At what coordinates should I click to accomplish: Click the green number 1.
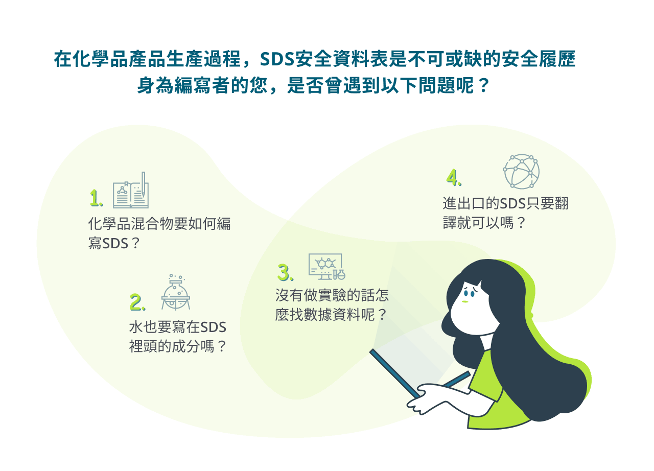coord(96,198)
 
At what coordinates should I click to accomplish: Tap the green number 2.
coord(137,302)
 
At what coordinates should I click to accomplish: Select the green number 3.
coord(285,273)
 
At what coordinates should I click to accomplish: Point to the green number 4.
coord(454,177)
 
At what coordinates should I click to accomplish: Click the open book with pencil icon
coord(131,190)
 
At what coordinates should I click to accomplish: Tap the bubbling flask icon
coord(175,292)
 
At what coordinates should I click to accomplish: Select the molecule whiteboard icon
coord(326,267)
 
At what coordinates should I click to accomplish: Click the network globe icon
coord(521,171)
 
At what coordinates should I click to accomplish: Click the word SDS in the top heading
coord(276,59)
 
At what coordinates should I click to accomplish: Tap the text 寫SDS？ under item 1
coord(114,243)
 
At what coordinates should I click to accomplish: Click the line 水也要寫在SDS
coord(177,327)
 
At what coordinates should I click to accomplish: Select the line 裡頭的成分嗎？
coord(177,347)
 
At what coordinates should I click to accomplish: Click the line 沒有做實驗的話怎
coord(332,295)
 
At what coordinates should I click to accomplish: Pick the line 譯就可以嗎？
coord(484,223)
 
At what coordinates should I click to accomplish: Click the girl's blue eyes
coord(469,292)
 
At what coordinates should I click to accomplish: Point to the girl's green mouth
coord(465,301)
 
